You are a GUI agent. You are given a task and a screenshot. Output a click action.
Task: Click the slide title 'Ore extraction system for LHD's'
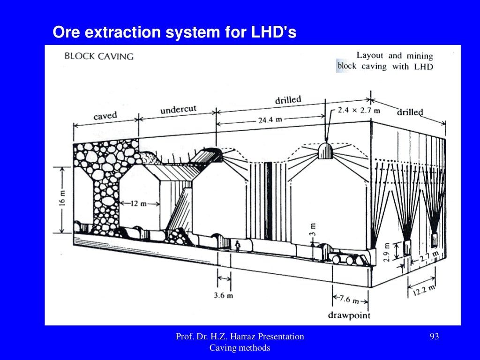[174, 32]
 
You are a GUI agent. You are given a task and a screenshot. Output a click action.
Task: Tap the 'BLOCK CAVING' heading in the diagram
[99, 56]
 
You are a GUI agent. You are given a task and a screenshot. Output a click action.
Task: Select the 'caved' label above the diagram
[105, 115]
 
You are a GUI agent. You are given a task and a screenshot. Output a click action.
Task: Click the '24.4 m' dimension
[270, 120]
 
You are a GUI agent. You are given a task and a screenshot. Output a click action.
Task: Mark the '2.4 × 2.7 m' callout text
[359, 111]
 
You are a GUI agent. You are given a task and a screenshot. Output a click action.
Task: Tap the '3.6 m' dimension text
[224, 295]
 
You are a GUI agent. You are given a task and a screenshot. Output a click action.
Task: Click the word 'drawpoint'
[349, 315]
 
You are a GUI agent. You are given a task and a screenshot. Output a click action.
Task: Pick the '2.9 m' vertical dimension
[387, 252]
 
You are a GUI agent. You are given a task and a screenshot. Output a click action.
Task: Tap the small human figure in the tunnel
[238, 246]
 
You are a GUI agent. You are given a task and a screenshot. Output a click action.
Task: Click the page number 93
[434, 336]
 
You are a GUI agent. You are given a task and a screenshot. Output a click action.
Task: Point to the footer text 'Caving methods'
[240, 348]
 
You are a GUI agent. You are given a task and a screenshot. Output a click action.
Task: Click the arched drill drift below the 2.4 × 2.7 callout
[326, 151]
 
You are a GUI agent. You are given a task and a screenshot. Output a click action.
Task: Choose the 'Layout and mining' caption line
[395, 56]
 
